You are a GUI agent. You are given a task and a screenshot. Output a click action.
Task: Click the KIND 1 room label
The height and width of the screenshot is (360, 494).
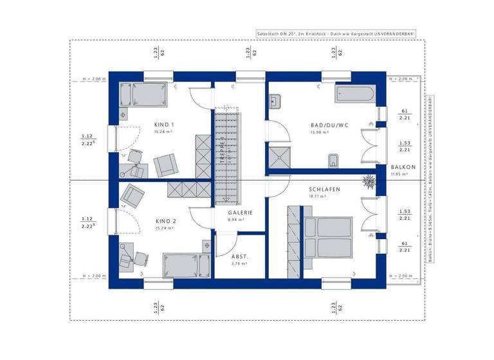[164, 124]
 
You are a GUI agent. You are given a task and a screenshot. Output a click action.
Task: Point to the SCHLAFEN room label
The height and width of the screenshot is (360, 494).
[324, 190]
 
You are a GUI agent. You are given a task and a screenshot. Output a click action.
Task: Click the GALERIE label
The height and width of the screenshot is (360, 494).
[240, 212]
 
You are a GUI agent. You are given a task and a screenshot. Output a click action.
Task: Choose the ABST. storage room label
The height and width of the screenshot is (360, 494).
[239, 255]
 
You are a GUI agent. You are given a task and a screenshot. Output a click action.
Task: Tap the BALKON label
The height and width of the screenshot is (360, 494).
[404, 167]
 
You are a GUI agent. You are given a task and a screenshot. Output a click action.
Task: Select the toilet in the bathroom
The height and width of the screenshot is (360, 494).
[333, 159]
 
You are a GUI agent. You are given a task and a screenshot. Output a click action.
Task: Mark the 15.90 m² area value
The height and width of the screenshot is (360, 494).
[320, 132]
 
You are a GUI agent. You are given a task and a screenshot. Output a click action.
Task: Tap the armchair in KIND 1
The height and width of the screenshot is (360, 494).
[164, 165]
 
